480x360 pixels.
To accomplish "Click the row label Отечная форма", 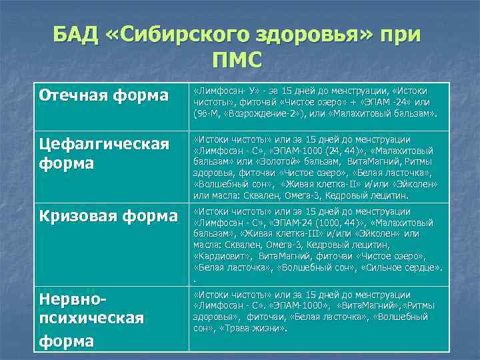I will coord(103,95).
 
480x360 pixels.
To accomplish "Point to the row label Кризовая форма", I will coord(107,216).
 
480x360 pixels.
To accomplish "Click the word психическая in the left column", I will coord(91,320).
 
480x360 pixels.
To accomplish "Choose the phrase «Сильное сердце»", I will coord(405,267).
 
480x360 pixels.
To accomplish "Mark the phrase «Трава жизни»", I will coord(257,329).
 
